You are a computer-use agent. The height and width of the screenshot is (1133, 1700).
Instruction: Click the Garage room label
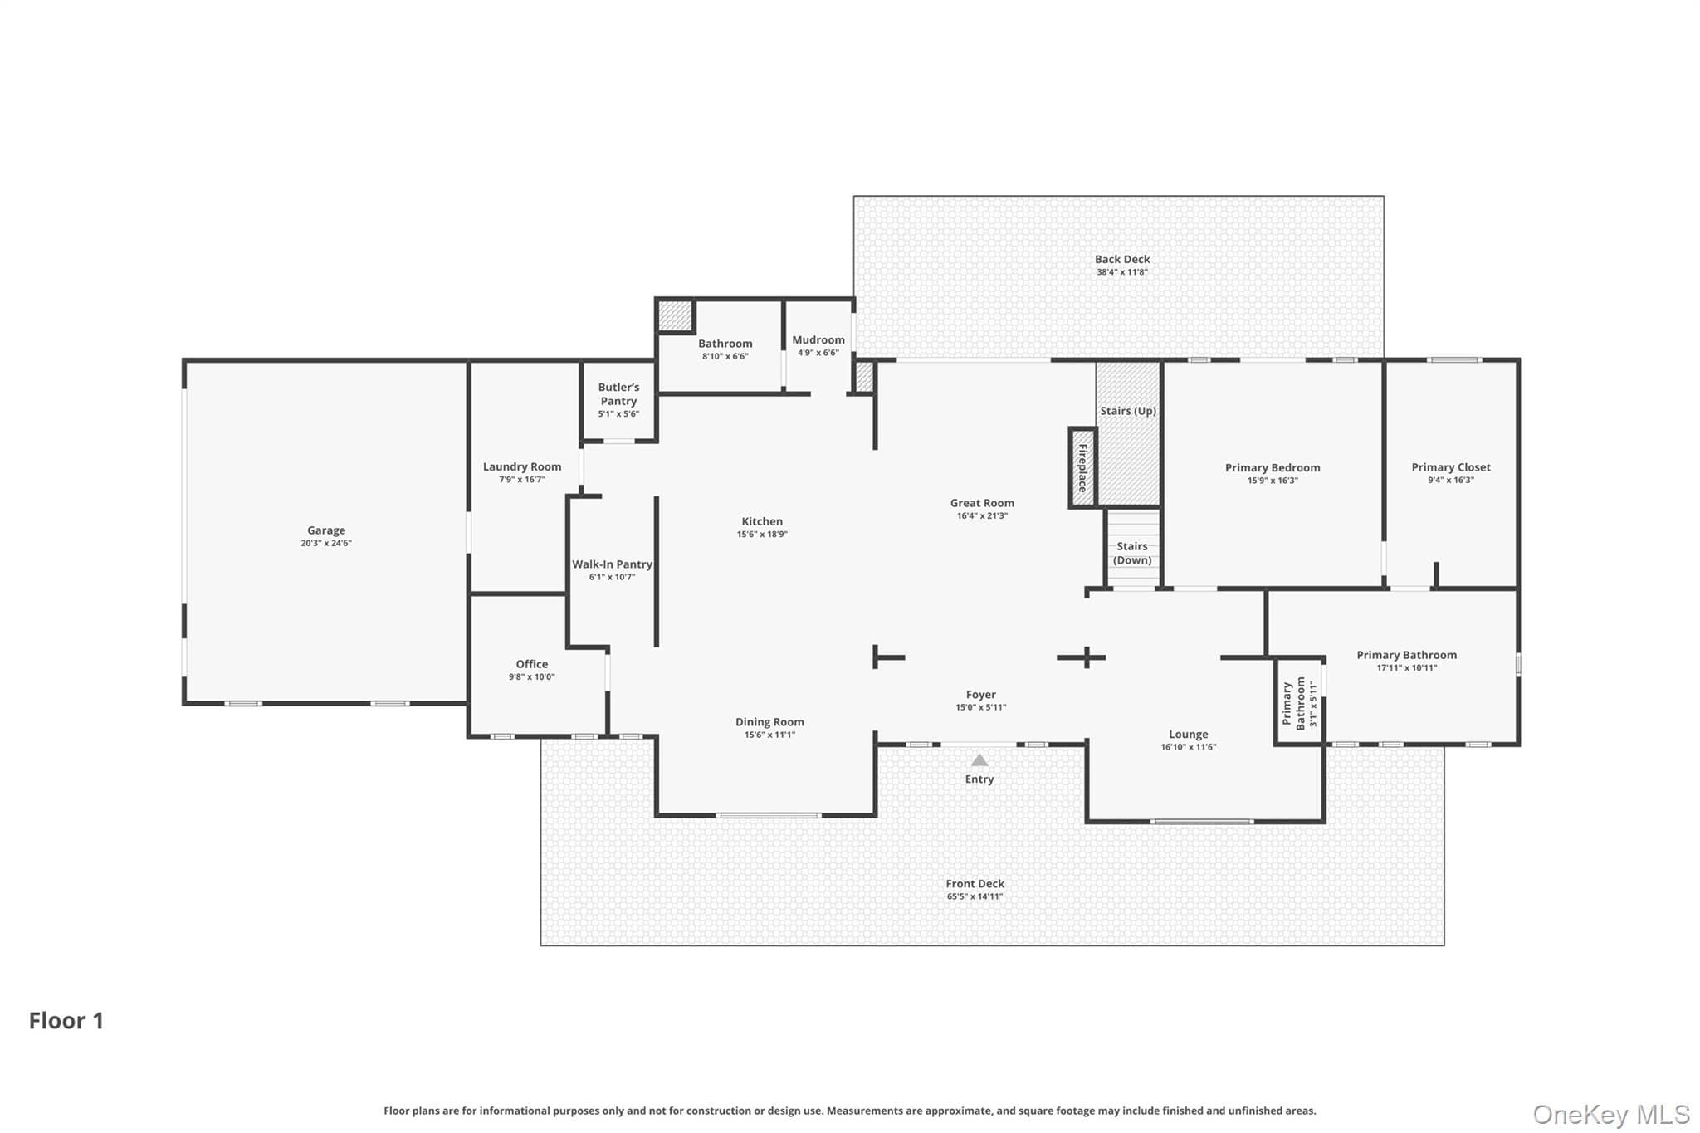(326, 530)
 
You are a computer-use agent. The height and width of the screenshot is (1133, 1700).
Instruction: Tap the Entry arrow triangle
(979, 760)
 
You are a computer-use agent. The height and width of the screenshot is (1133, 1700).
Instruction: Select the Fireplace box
(1082, 467)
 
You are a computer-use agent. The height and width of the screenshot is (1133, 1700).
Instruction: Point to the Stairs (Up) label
(1128, 411)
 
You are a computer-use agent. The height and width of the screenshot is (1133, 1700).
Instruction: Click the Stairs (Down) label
(1132, 553)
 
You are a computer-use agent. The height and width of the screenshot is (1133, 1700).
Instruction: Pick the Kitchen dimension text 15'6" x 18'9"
(762, 535)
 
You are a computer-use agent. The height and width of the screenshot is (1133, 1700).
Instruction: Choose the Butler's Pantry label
(618, 394)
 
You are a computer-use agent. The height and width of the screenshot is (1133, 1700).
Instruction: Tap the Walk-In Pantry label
(612, 564)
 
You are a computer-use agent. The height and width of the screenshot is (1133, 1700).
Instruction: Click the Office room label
(532, 664)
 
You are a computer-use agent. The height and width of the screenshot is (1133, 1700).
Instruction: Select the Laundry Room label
(522, 467)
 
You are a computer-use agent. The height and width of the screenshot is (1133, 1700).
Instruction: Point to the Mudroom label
(818, 340)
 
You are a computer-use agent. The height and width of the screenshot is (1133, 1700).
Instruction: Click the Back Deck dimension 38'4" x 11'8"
(1122, 272)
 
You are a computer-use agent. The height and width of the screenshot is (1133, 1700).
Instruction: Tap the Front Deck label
(975, 884)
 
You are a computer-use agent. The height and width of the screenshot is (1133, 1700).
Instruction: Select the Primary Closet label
(1451, 467)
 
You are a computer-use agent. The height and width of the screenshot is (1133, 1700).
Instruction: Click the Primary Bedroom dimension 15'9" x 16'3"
(1273, 481)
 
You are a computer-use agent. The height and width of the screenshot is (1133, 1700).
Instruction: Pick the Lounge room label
(1189, 735)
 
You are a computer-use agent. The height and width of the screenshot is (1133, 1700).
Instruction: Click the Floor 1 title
(66, 1021)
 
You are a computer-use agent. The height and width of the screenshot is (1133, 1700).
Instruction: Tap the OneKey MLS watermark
(1611, 1114)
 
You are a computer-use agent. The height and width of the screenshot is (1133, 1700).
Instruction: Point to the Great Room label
(982, 503)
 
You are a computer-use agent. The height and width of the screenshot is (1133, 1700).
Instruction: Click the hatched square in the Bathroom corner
(675, 316)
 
